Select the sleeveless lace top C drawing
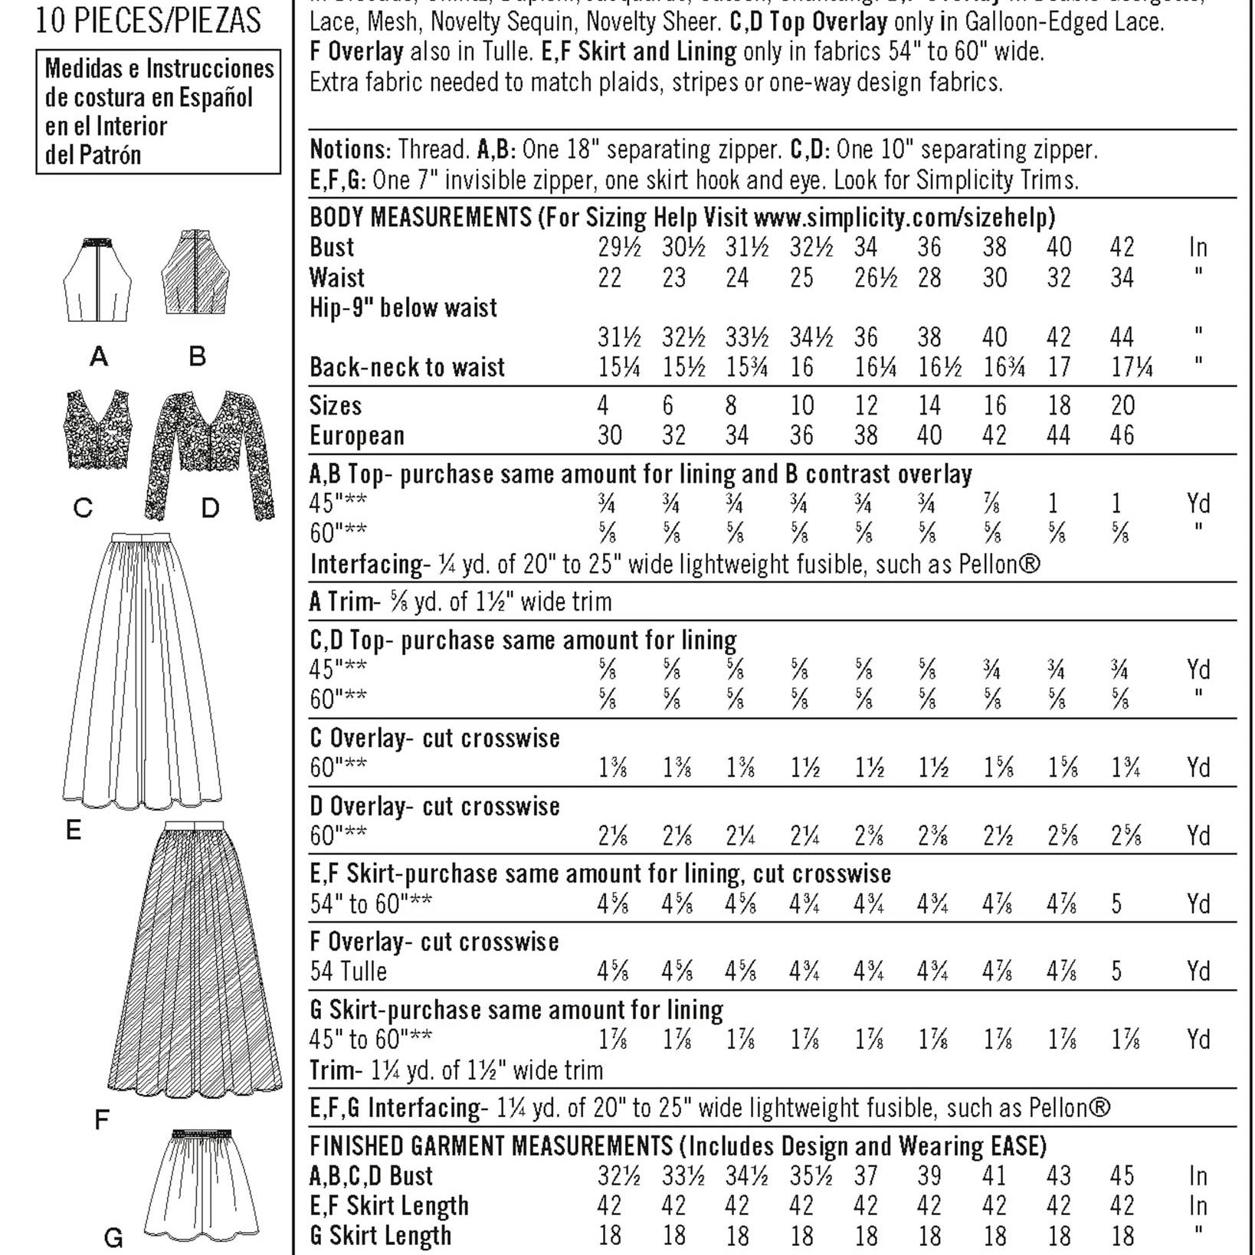coord(97,430)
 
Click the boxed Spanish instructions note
coord(159,112)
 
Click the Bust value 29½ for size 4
coord(619,248)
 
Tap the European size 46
coord(1122,436)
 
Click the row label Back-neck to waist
coord(407,368)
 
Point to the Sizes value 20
coord(1122,406)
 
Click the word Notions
coord(349,149)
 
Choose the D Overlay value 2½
coord(998,836)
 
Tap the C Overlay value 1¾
coord(1126,768)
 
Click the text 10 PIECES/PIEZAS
coord(148,21)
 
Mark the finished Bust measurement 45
coord(1122,1176)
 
